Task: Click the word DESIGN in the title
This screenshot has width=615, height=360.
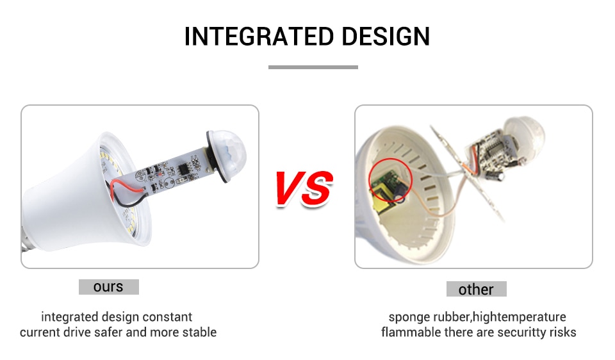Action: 386,37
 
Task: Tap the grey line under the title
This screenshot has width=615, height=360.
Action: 313,67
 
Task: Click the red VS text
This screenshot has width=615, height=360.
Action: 304,188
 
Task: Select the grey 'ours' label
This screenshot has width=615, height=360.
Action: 109,287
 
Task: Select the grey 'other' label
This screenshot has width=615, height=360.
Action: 476,289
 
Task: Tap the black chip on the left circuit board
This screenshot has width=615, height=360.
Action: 183,169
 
